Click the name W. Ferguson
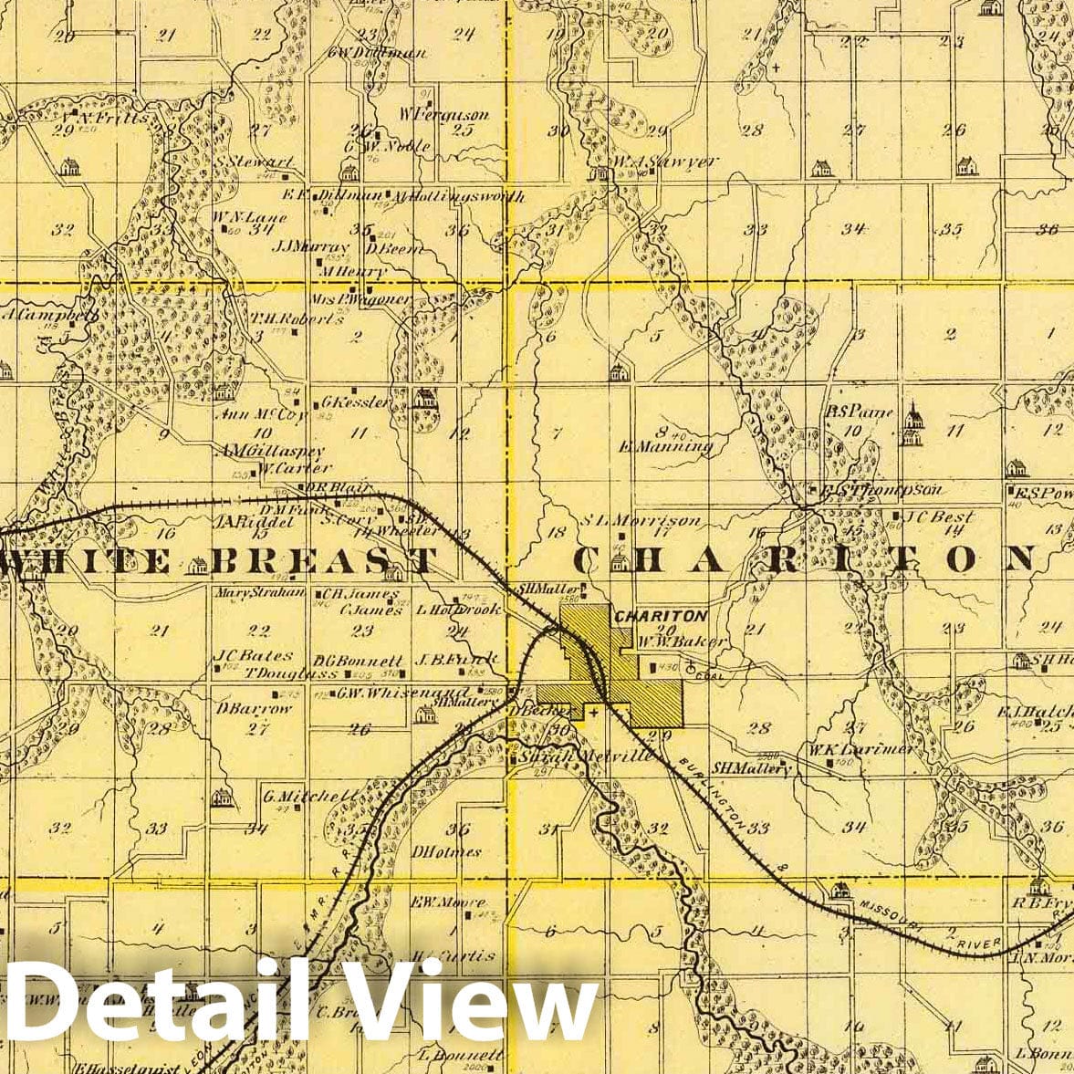coord(444,115)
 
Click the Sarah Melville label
coord(585,756)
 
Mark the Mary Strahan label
coord(245,592)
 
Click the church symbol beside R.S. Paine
coord(911,425)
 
